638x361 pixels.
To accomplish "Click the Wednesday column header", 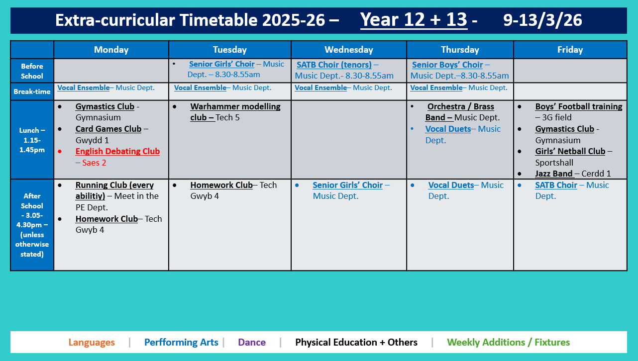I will [x=348, y=50].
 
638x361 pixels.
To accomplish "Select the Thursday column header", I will [x=460, y=50].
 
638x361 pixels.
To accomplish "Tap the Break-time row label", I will [x=32, y=91].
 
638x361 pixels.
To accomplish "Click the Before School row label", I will [x=32, y=71].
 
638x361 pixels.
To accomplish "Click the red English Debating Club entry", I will [x=117, y=152].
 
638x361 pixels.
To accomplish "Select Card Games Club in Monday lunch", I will [x=108, y=129].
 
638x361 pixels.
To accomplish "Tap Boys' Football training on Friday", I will [x=578, y=107].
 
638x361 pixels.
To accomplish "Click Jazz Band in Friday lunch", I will [x=554, y=174].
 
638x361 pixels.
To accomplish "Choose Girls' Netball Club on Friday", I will [x=570, y=152].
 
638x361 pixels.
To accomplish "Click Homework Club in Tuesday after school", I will [x=221, y=185].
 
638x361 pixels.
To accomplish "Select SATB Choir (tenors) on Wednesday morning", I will [x=334, y=65].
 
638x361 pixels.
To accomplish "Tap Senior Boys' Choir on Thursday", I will [x=447, y=65].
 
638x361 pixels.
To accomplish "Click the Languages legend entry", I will [x=92, y=343].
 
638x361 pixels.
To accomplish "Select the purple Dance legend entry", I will [x=252, y=343].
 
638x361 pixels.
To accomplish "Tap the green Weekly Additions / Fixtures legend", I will [x=508, y=343].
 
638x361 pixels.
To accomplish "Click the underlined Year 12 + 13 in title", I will [x=414, y=20].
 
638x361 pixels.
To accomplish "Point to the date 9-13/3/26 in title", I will [x=542, y=20].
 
